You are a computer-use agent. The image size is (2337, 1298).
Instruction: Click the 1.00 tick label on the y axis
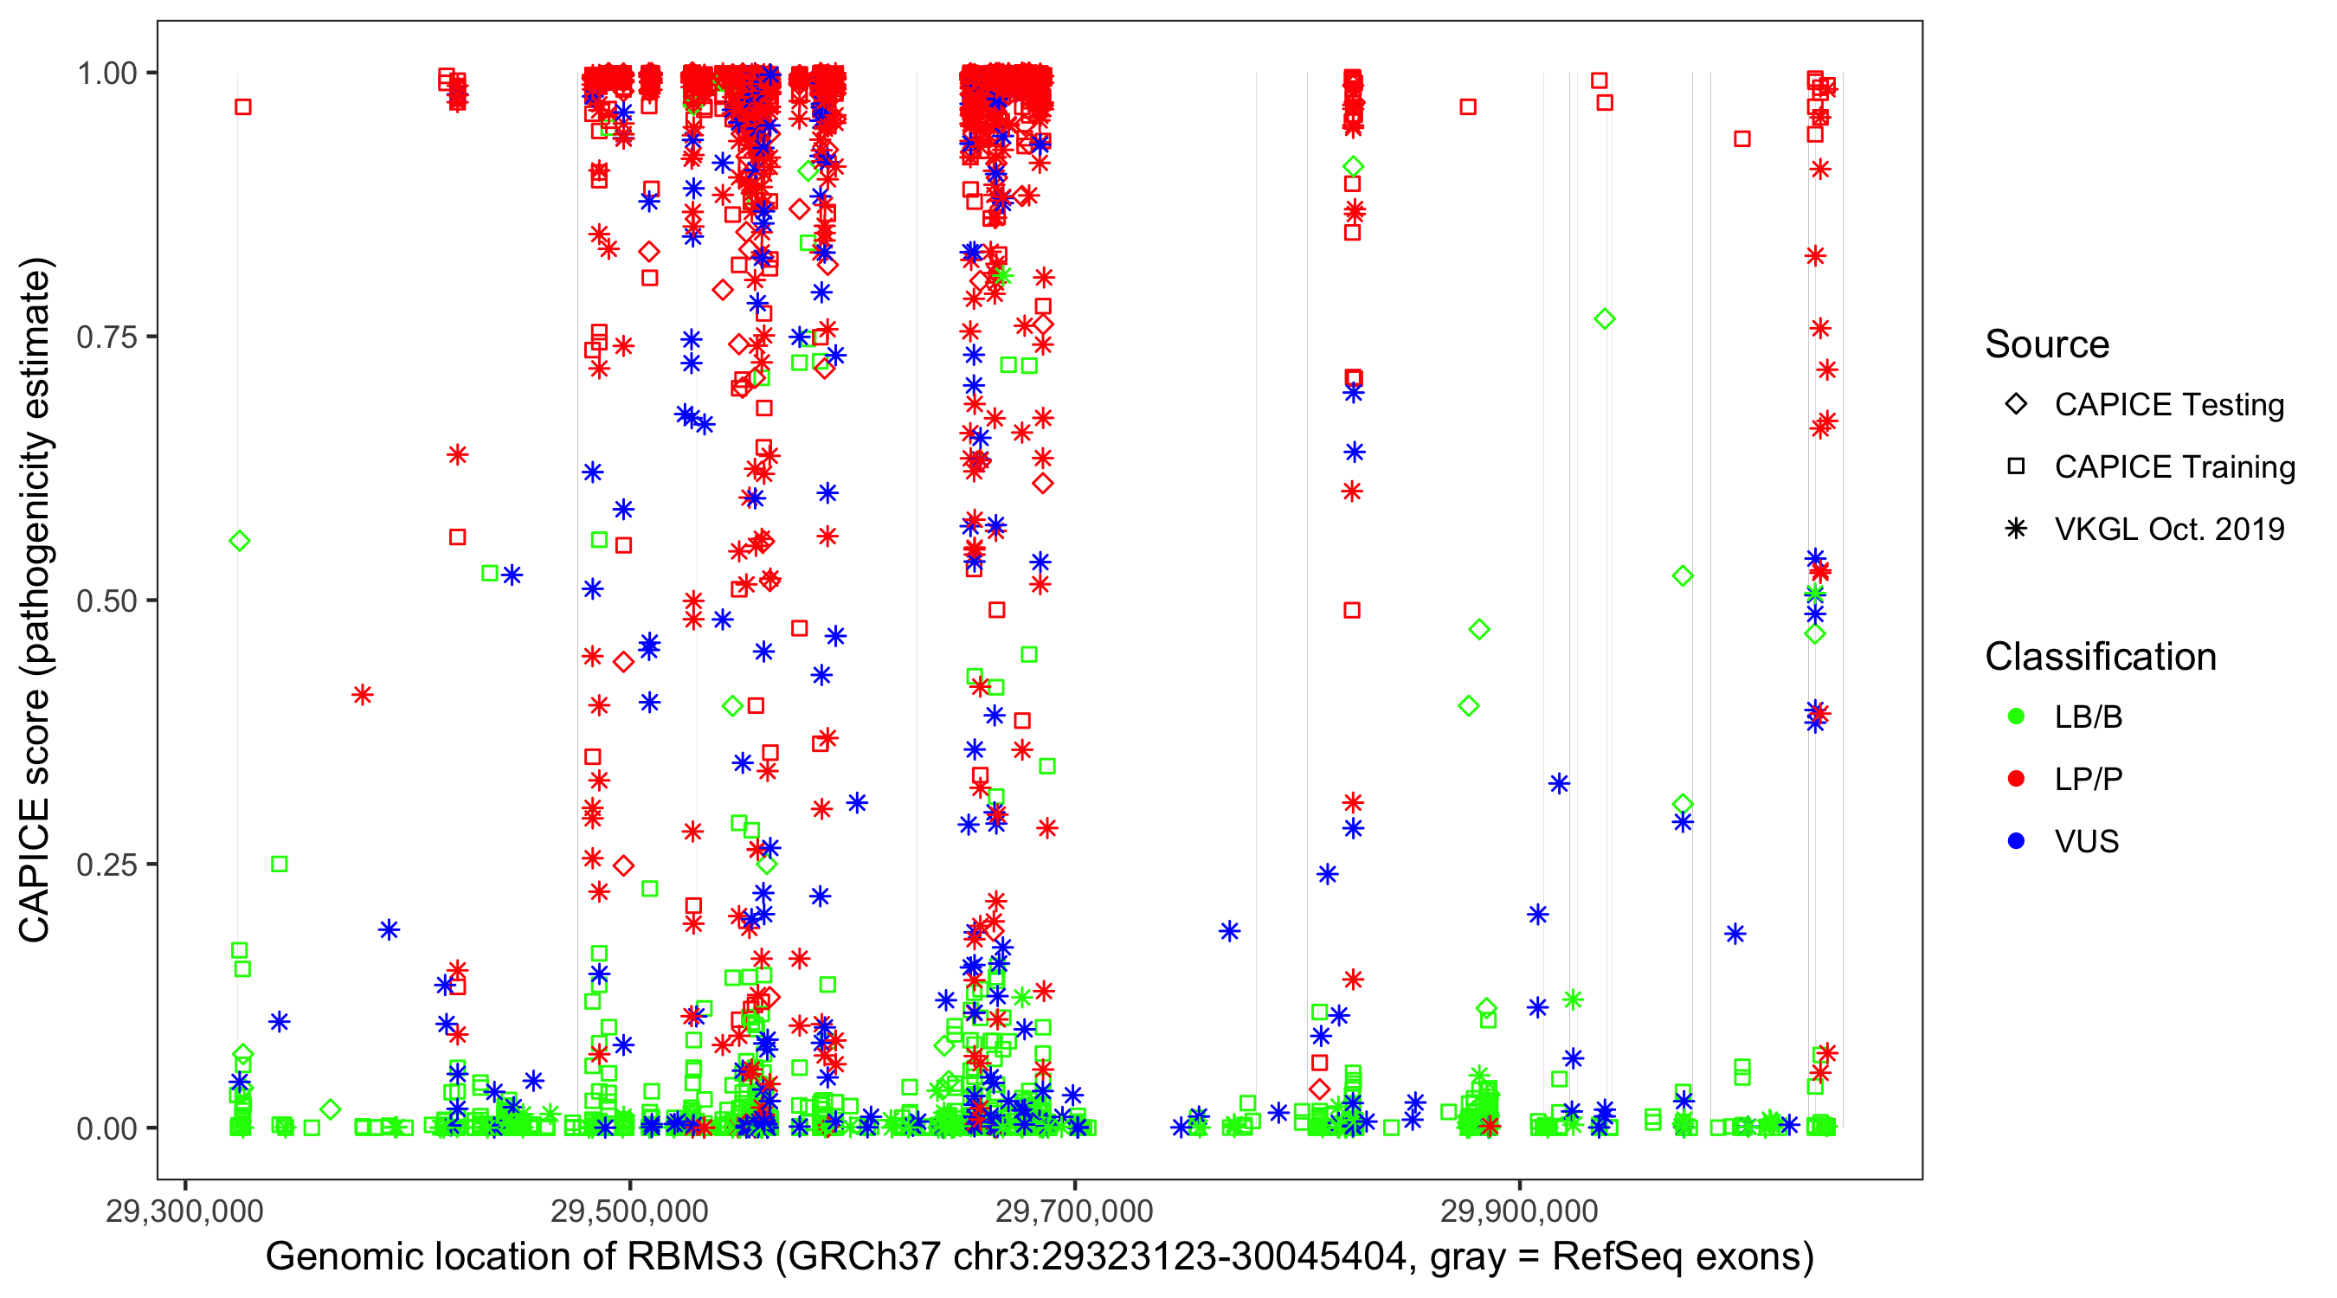pos(106,74)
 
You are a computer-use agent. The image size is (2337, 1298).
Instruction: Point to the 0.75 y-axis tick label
pos(106,337)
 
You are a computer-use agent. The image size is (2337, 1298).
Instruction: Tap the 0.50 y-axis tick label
pos(106,601)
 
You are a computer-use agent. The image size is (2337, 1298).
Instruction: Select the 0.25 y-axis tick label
pos(106,864)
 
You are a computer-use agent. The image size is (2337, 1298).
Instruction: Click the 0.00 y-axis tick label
pos(106,1128)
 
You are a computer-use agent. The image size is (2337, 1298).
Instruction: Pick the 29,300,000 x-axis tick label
pos(184,1211)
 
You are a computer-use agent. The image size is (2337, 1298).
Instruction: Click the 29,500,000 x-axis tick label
pos(629,1211)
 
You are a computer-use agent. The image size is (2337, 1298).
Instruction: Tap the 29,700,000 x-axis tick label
pos(1074,1211)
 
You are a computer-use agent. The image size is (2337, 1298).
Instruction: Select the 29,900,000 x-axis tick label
pos(1520,1211)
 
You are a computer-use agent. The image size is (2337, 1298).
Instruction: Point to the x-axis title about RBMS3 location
pos(1040,1257)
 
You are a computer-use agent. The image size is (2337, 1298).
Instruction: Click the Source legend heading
pos(2047,344)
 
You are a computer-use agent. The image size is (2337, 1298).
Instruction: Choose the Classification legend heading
pos(2100,657)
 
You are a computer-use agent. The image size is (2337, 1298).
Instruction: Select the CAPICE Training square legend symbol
pos(2016,467)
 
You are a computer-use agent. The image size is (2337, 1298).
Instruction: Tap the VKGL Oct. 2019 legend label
pos(2169,529)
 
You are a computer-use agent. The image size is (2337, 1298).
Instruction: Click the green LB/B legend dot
pos(2016,717)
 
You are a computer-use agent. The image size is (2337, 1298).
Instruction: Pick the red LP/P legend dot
pos(2016,779)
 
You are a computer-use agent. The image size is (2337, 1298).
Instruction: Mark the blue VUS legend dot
pos(2016,842)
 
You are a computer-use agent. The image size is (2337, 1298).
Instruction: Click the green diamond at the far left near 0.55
pos(240,542)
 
